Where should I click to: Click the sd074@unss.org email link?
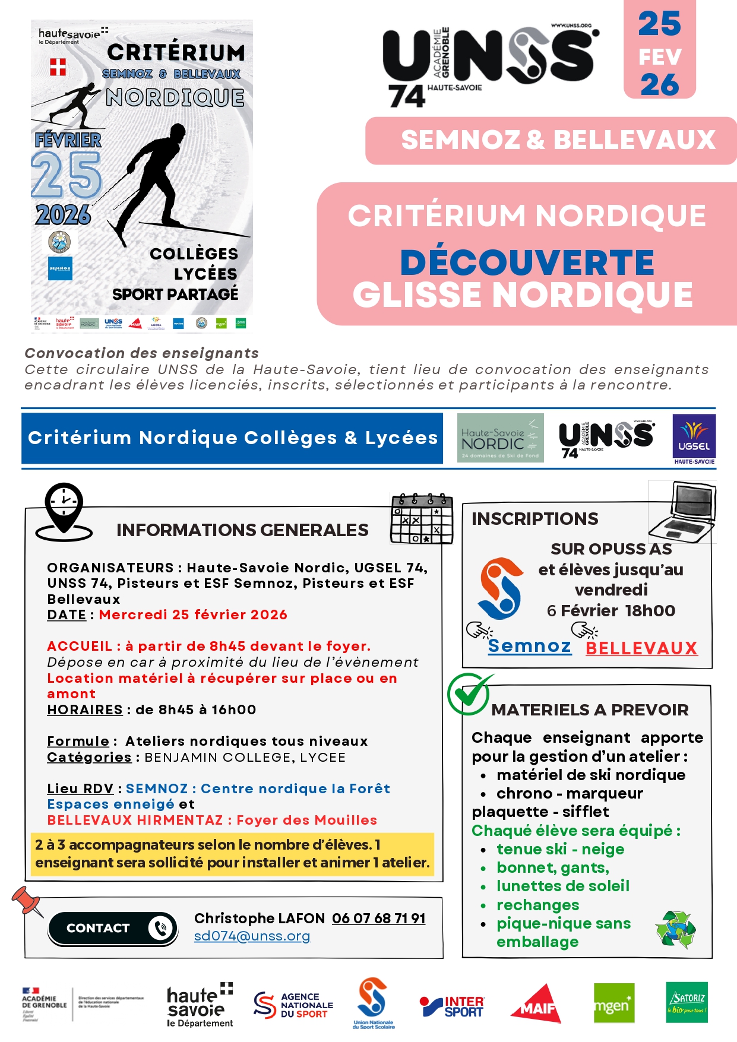click(x=252, y=936)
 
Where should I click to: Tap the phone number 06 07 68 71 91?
click(x=378, y=919)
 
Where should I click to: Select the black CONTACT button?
click(x=113, y=928)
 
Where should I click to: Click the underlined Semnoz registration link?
click(x=529, y=646)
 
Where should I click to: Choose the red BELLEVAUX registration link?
click(x=641, y=648)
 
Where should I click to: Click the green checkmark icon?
click(x=469, y=693)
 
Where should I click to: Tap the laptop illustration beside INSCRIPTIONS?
click(x=683, y=511)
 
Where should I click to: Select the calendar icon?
click(x=422, y=518)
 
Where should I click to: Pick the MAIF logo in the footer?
click(x=537, y=1003)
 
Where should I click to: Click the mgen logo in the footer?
click(x=614, y=1003)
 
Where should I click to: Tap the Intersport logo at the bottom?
click(x=453, y=1006)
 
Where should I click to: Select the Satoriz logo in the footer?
click(x=687, y=1002)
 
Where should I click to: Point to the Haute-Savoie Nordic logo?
click(x=500, y=438)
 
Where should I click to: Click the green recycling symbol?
click(x=675, y=929)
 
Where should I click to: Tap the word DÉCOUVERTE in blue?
click(x=527, y=262)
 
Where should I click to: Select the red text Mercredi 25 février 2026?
click(x=193, y=615)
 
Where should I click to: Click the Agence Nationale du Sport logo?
click(x=293, y=1005)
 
